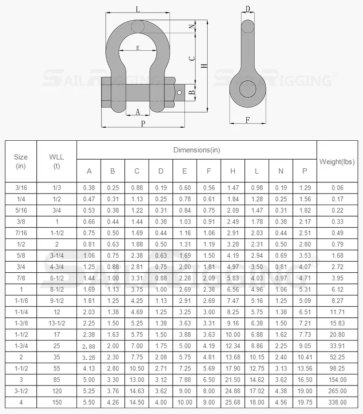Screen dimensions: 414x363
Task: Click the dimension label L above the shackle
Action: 138,9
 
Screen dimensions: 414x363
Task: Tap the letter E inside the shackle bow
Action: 138,48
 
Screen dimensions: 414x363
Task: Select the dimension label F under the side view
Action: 247,120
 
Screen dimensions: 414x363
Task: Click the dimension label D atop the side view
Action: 247,9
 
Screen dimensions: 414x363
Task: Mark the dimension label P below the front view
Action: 143,124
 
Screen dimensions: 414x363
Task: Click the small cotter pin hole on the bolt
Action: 180,92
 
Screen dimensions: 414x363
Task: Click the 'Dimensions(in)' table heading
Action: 197,150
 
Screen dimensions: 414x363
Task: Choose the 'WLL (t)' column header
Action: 56,162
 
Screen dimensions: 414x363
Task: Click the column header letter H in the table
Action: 233,171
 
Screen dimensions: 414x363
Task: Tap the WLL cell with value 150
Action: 56,402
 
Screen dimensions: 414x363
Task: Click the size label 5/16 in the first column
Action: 21,210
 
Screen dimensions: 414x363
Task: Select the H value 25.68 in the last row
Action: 233,402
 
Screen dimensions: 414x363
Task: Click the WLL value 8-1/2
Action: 56,289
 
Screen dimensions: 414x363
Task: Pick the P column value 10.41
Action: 304,356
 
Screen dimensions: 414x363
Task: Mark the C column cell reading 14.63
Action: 136,391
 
